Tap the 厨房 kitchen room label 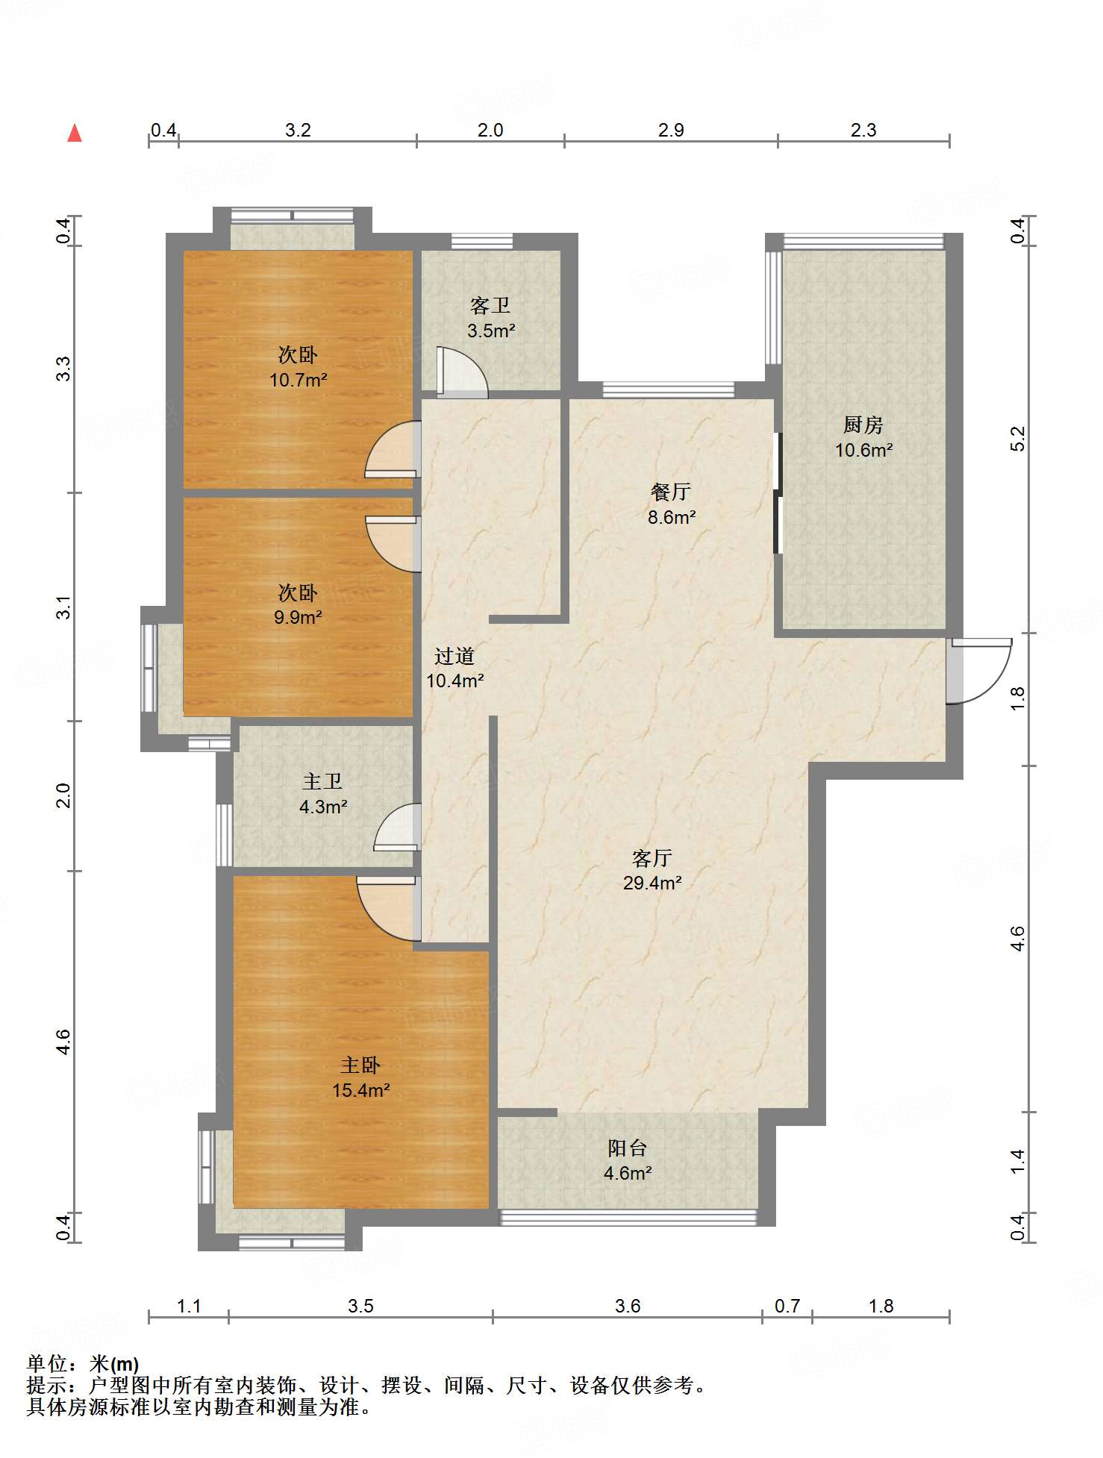point(863,425)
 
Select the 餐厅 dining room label point(671,492)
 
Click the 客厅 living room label point(652,858)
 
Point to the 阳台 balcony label point(627,1148)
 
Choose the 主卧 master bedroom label point(360,1066)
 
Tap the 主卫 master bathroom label point(322,781)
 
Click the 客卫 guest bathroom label point(490,305)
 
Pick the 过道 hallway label point(454,656)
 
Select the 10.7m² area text point(299,380)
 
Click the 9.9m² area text point(298,617)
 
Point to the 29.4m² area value point(652,883)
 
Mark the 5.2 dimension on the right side point(1018,439)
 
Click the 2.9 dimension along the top point(671,130)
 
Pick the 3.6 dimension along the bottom point(628,1306)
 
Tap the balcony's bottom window point(628,1217)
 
